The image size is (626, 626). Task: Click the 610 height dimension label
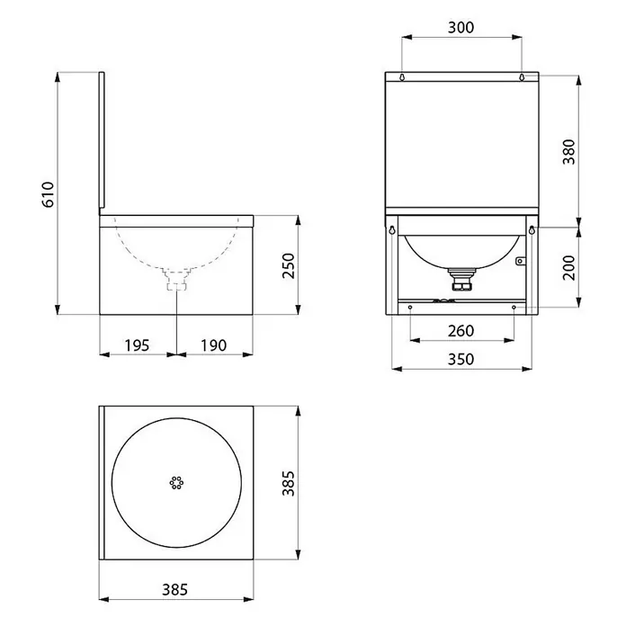click(48, 194)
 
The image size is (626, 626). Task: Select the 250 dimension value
click(288, 266)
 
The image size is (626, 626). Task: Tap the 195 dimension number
click(137, 345)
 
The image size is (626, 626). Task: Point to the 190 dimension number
click(213, 345)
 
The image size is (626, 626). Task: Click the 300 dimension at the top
click(461, 28)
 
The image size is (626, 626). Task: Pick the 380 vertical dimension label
click(568, 152)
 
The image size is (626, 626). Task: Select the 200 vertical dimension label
click(568, 267)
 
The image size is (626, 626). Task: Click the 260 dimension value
click(461, 331)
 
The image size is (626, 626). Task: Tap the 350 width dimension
click(461, 359)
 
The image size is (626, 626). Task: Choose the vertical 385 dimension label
click(288, 483)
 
